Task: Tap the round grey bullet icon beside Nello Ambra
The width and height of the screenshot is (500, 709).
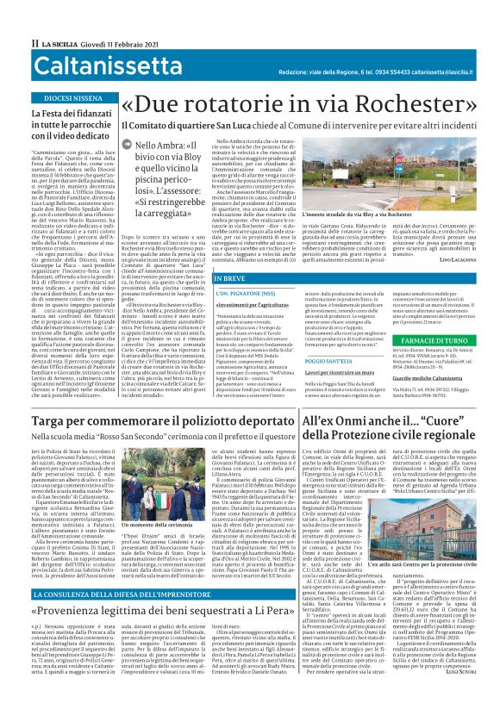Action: (x=126, y=146)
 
